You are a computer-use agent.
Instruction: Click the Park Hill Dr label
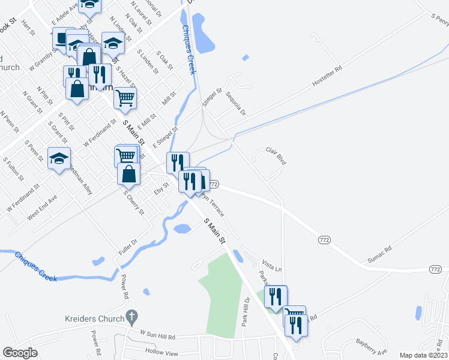click(x=246, y=310)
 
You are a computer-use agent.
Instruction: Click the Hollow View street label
click(x=162, y=350)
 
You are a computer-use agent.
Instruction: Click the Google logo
click(x=20, y=353)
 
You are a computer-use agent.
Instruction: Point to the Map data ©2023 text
click(x=424, y=355)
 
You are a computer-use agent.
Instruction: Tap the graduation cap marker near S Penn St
click(x=59, y=158)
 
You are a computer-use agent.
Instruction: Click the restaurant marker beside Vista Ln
click(x=276, y=296)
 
